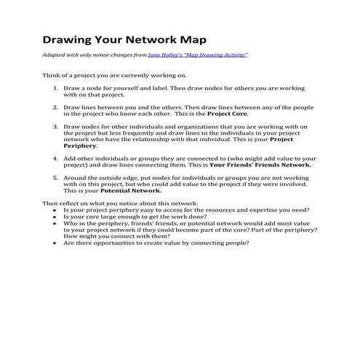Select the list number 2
click(57, 107)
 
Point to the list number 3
click(57, 127)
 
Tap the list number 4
click(57, 158)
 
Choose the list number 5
click(57, 177)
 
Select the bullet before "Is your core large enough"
click(57, 217)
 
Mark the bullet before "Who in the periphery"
click(57, 223)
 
